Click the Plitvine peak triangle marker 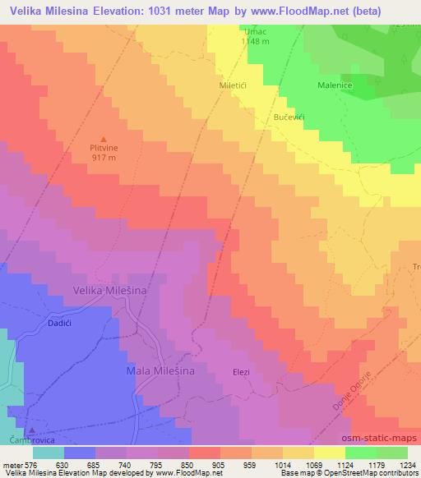click(x=103, y=138)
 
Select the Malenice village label click(x=335, y=85)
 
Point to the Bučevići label click(x=289, y=117)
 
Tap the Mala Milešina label click(x=160, y=371)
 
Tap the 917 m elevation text click(x=103, y=158)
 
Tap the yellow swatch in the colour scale click(x=330, y=453)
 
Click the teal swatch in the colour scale click(x=49, y=453)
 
